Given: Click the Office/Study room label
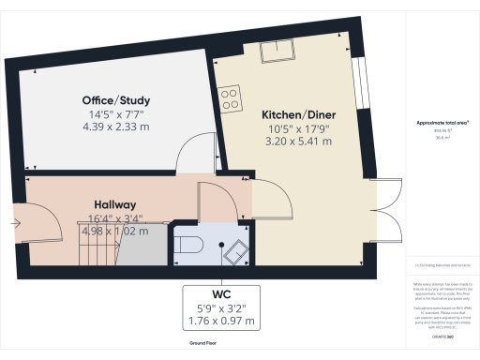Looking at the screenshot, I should click(x=115, y=100).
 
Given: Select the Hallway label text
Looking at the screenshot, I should click(x=115, y=204).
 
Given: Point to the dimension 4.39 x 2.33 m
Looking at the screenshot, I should click(x=115, y=127).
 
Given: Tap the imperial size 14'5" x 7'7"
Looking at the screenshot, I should click(x=115, y=113).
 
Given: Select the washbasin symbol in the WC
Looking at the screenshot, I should click(x=233, y=250).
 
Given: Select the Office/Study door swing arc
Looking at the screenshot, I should click(x=198, y=153).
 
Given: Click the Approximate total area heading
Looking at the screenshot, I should click(x=442, y=123).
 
